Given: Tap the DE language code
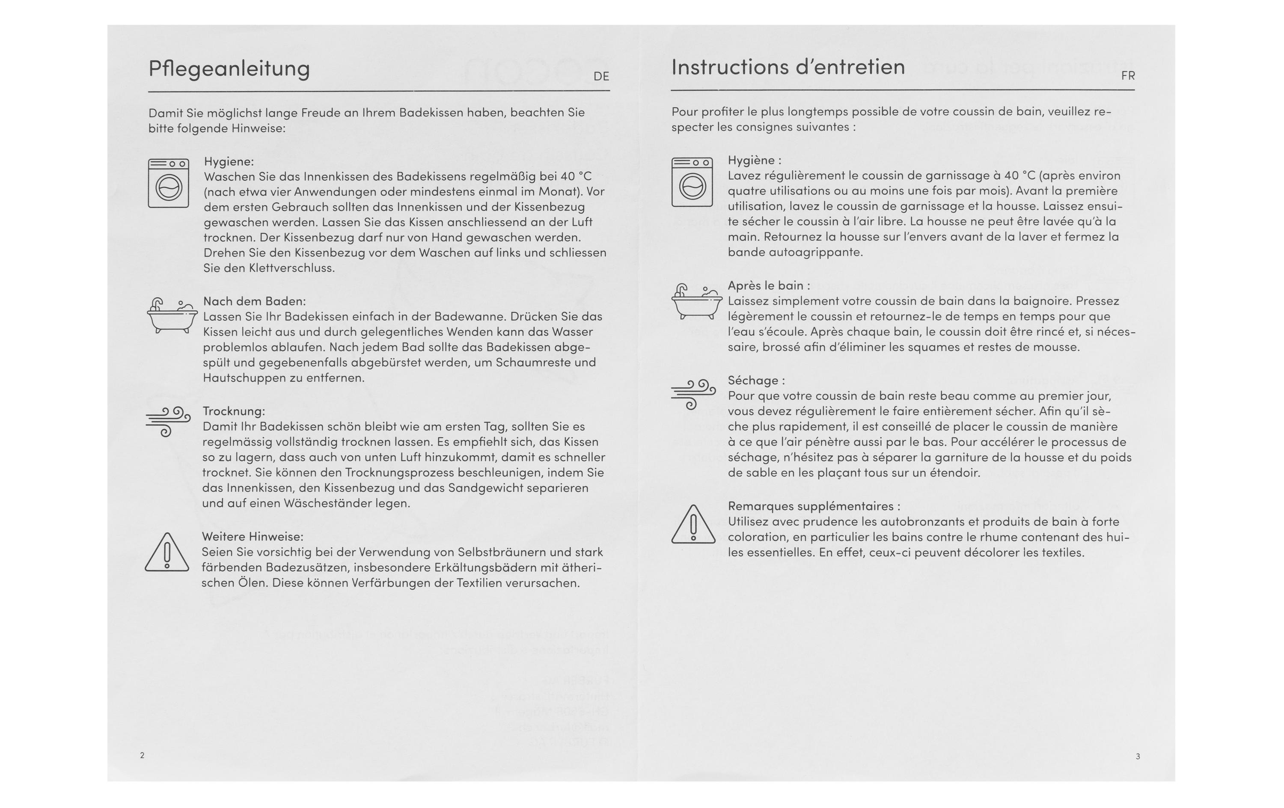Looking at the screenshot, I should click(601, 77).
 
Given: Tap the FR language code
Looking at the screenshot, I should click(1128, 76).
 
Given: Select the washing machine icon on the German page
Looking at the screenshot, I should click(169, 183).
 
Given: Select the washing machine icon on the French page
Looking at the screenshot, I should click(692, 182).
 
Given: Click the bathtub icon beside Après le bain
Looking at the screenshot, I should click(693, 301).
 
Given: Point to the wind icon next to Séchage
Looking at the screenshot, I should click(693, 394).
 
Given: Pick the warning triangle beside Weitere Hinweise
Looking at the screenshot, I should click(167, 553).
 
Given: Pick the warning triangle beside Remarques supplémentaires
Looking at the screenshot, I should click(693, 525).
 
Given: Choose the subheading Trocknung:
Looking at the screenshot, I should click(234, 411).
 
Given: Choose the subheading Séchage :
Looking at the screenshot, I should click(756, 381).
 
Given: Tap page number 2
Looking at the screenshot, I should click(143, 755).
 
